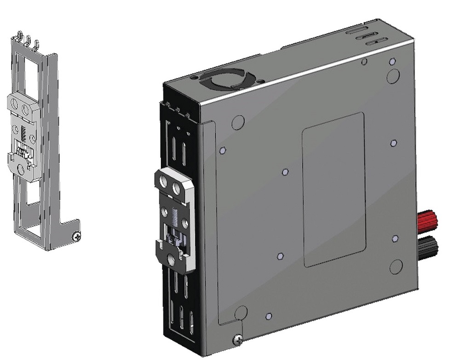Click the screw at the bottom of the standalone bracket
tap(77, 237)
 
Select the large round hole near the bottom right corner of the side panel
tap(396, 266)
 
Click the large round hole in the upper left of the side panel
tap(238, 122)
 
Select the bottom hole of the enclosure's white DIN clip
tap(171, 260)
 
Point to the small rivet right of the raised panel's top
tap(394, 143)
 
